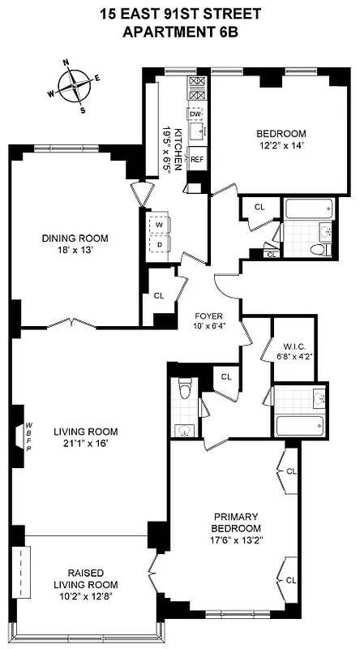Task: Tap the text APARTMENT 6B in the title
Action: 180,32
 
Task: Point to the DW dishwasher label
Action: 195,114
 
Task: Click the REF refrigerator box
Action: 196,160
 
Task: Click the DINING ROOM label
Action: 75,239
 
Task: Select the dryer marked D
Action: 160,243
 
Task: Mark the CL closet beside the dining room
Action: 158,296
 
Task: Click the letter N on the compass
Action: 66,62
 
